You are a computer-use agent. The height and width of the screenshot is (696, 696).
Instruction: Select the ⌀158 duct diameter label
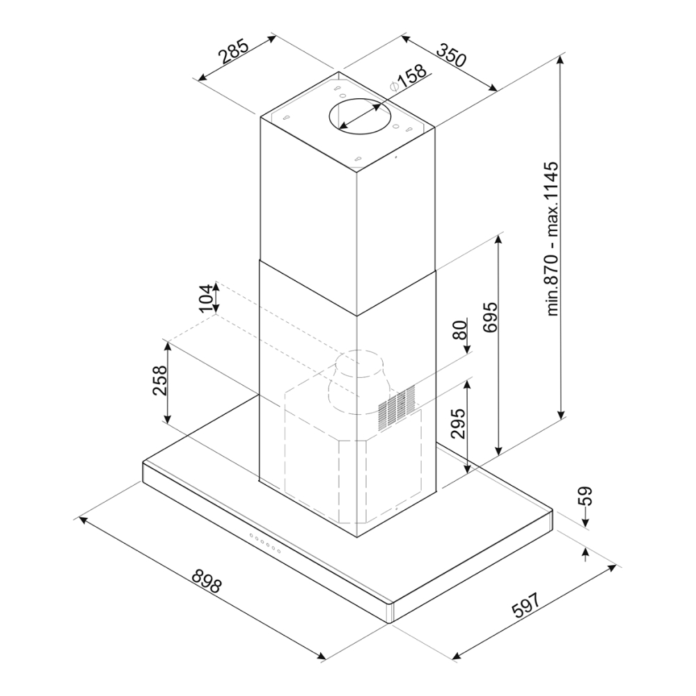click(x=408, y=78)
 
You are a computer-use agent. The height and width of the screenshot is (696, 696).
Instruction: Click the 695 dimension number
click(x=491, y=317)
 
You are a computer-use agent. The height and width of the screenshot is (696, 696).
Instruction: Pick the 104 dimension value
click(x=205, y=299)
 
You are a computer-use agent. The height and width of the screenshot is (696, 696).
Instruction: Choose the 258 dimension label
click(x=159, y=380)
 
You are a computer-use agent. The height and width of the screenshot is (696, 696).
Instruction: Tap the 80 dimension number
click(x=461, y=329)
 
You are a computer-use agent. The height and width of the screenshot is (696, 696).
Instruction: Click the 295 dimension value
click(x=458, y=423)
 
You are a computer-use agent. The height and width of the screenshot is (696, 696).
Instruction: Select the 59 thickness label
click(x=585, y=497)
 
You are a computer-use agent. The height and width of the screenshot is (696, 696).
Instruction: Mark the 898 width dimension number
click(x=207, y=580)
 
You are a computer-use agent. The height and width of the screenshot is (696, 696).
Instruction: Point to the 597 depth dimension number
click(x=526, y=605)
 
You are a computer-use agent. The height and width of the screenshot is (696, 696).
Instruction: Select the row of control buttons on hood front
click(x=265, y=544)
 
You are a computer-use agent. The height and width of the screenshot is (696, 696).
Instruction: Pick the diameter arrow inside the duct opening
click(x=360, y=116)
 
